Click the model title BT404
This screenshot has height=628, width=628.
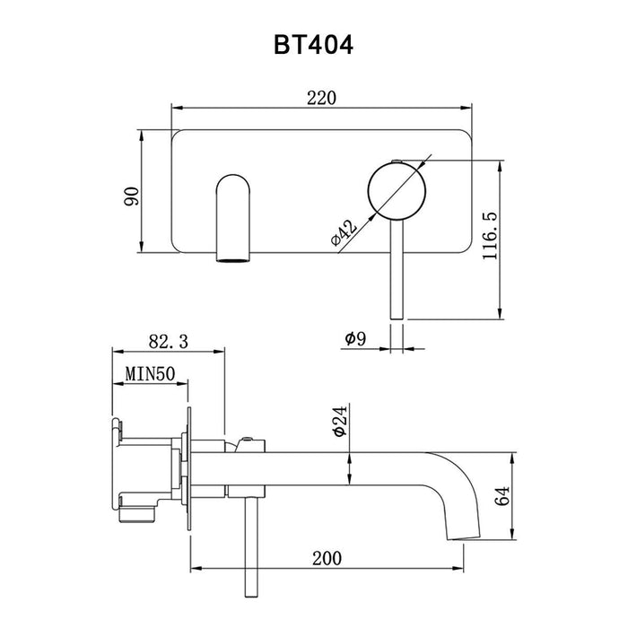(313, 45)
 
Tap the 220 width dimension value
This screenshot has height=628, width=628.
(321, 98)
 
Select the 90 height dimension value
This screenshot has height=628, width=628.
(132, 196)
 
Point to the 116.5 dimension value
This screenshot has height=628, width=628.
(490, 235)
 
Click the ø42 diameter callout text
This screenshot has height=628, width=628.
(344, 232)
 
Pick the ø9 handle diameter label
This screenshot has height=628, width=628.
(355, 339)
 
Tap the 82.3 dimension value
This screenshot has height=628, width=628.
(169, 342)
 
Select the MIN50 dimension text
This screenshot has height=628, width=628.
(150, 374)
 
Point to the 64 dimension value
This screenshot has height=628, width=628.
(502, 496)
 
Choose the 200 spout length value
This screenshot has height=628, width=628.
(327, 558)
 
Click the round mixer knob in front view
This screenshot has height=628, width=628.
(397, 191)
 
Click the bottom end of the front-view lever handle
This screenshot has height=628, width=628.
(397, 318)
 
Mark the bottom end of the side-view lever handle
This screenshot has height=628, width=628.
(250, 597)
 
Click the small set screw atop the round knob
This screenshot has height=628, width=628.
(397, 161)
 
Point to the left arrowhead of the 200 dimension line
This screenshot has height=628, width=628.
(196, 568)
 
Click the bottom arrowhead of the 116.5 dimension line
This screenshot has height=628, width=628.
(500, 314)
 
